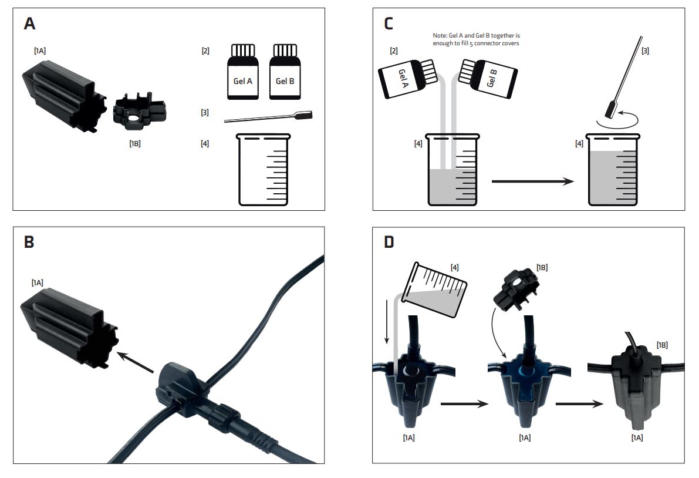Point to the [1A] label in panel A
[40, 51]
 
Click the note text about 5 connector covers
[476, 39]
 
